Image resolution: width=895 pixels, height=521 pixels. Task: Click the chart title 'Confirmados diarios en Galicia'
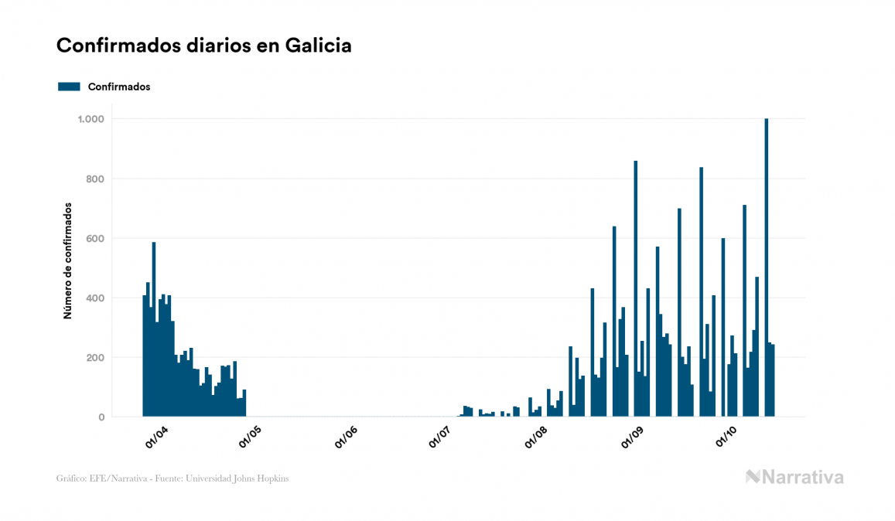click(204, 46)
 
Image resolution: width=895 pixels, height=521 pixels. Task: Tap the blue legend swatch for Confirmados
click(69, 87)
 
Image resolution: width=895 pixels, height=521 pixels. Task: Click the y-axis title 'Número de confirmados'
click(67, 261)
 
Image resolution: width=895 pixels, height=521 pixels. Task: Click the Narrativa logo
click(794, 477)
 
